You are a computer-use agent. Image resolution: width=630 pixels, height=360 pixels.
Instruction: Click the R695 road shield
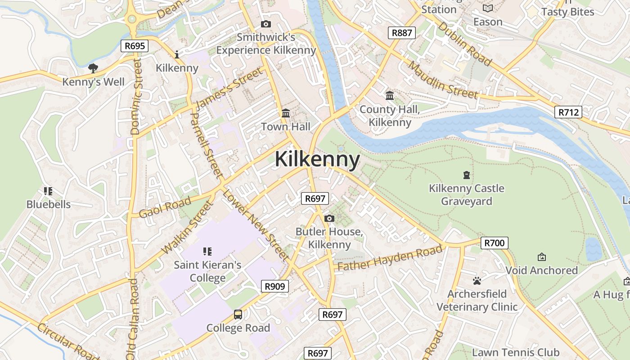[x=135, y=45]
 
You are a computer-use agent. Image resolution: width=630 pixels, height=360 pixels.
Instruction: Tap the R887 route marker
[x=401, y=32]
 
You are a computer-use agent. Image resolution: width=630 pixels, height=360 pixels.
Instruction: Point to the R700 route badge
[x=495, y=243]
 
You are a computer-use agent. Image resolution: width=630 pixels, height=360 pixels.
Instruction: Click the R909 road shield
[x=274, y=286]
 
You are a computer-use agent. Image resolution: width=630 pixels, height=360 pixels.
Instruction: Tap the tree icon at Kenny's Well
[x=93, y=68]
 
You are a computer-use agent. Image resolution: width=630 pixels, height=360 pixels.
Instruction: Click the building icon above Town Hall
[x=286, y=113]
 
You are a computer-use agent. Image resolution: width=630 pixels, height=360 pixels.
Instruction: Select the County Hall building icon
[x=390, y=95]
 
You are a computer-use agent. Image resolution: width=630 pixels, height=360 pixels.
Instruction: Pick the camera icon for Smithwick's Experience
[x=266, y=24]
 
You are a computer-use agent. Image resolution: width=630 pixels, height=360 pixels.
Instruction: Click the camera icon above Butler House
[x=329, y=218]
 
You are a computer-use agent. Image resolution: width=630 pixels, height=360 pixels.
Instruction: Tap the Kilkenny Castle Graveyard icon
[x=467, y=175]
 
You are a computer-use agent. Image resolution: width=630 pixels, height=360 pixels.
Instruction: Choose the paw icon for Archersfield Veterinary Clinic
[x=477, y=281]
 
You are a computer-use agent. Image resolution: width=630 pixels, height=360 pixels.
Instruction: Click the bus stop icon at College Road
[x=238, y=315]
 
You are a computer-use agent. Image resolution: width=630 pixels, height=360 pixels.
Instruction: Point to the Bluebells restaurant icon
[x=48, y=191]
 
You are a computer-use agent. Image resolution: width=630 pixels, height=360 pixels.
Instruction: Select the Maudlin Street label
[x=443, y=80]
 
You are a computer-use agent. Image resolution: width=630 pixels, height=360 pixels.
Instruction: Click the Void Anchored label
[x=541, y=270]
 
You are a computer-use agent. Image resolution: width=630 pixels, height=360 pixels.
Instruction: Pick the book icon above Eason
[x=488, y=9]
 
